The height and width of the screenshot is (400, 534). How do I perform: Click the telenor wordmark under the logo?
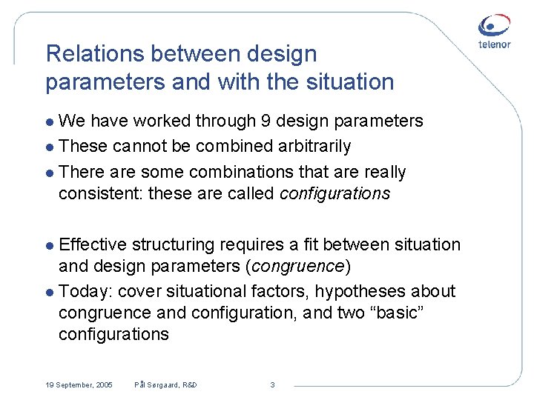coord(494,44)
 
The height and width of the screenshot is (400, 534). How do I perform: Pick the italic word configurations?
coord(334,193)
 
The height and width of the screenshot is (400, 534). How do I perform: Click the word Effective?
coord(93,244)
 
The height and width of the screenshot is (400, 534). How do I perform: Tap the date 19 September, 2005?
coord(79,384)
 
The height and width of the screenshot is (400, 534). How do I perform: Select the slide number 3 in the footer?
coord(272,384)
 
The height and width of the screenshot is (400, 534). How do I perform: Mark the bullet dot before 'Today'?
coord(50,292)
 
